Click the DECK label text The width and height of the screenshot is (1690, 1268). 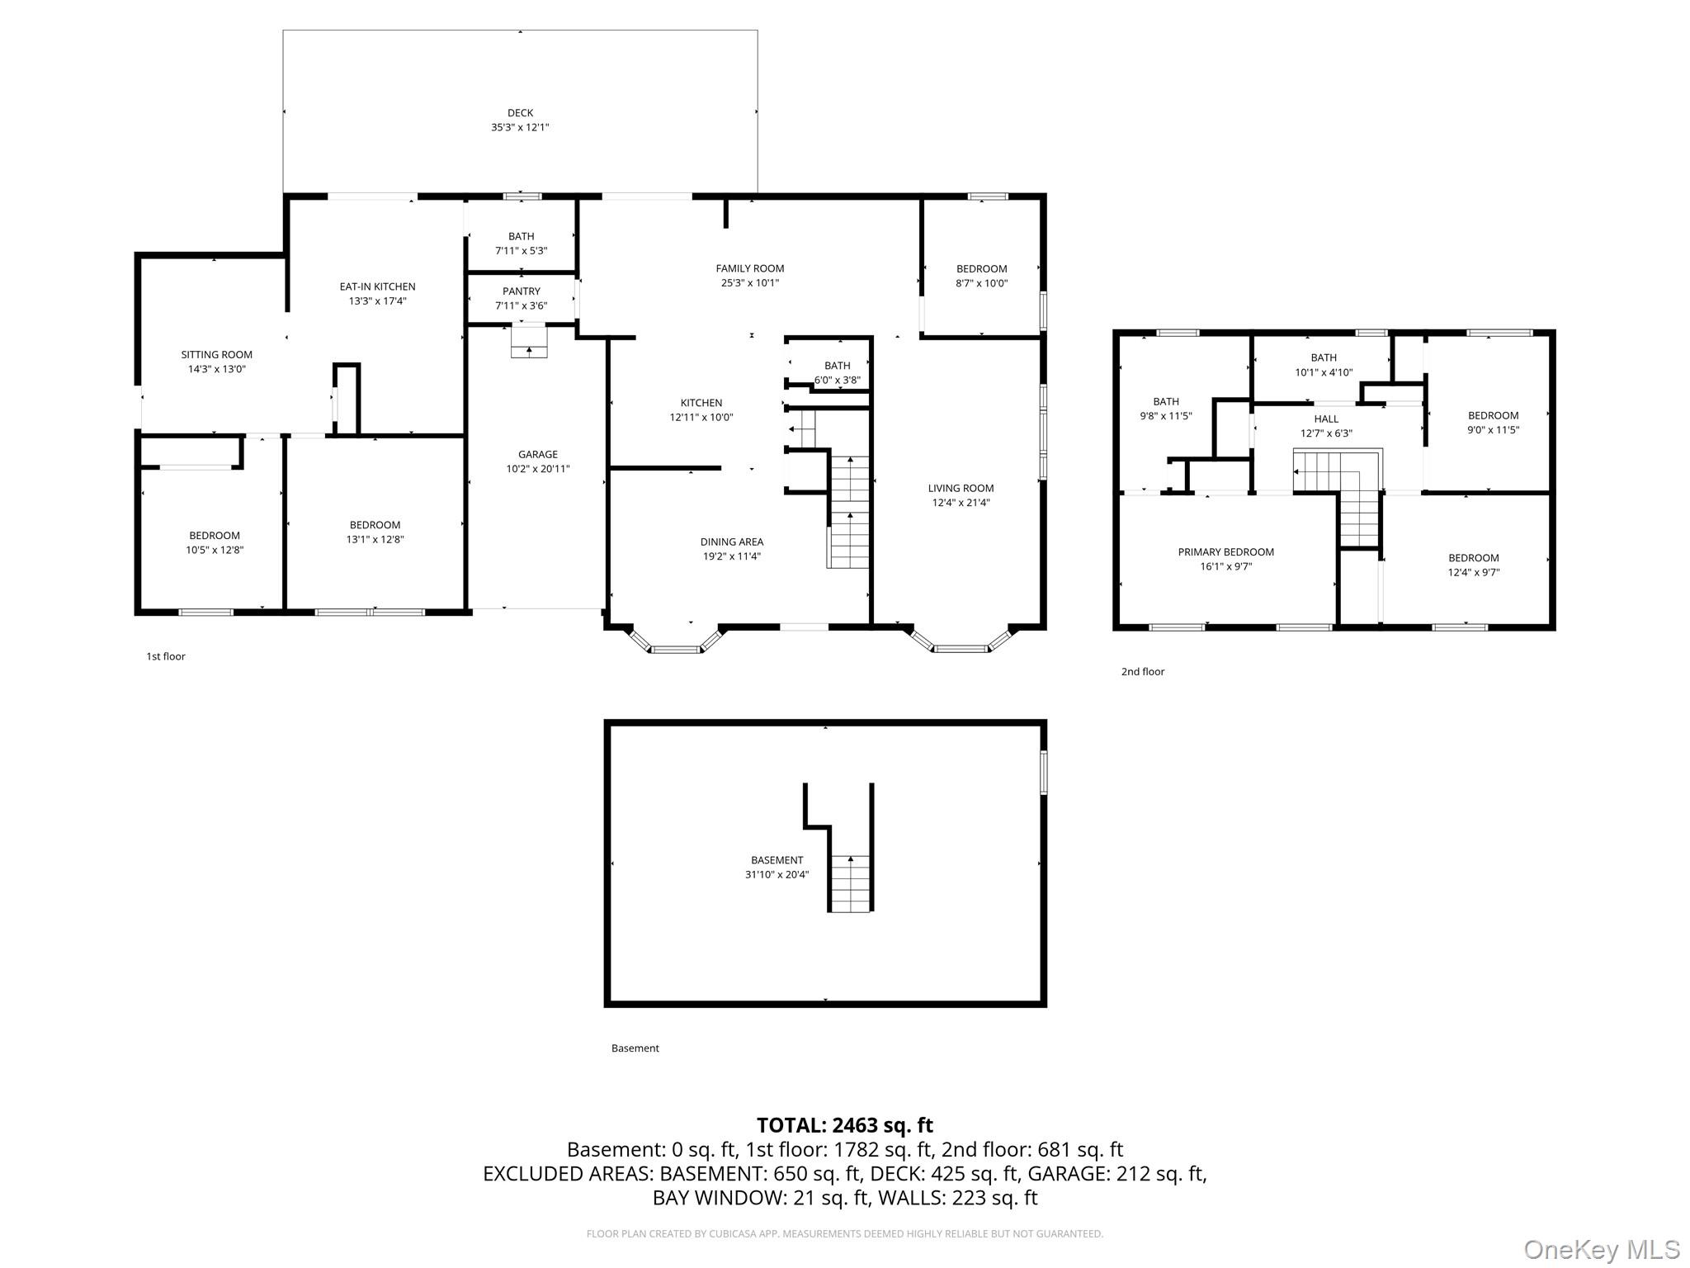[x=520, y=113]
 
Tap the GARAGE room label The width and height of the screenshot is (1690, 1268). [x=537, y=454]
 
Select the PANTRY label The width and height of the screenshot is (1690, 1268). [x=521, y=291]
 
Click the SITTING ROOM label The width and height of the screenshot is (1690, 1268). [x=217, y=355]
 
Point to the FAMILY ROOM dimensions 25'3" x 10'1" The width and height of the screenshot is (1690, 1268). [x=749, y=283]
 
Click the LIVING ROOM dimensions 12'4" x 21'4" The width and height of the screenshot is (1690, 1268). [x=961, y=503]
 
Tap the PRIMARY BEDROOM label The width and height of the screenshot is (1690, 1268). [x=1225, y=552]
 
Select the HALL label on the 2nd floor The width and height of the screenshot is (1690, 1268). [x=1326, y=419]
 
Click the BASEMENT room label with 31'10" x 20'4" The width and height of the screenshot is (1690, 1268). [x=777, y=860]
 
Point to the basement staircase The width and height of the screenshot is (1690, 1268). [x=850, y=883]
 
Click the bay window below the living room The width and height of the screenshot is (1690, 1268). [x=961, y=644]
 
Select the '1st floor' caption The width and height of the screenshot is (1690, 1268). [x=166, y=656]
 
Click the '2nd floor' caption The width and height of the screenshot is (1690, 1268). [x=1142, y=672]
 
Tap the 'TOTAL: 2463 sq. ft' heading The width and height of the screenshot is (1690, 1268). [x=844, y=1125]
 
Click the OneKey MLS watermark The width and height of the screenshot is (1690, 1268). [x=1601, y=1249]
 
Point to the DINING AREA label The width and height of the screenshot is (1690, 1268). [x=732, y=542]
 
